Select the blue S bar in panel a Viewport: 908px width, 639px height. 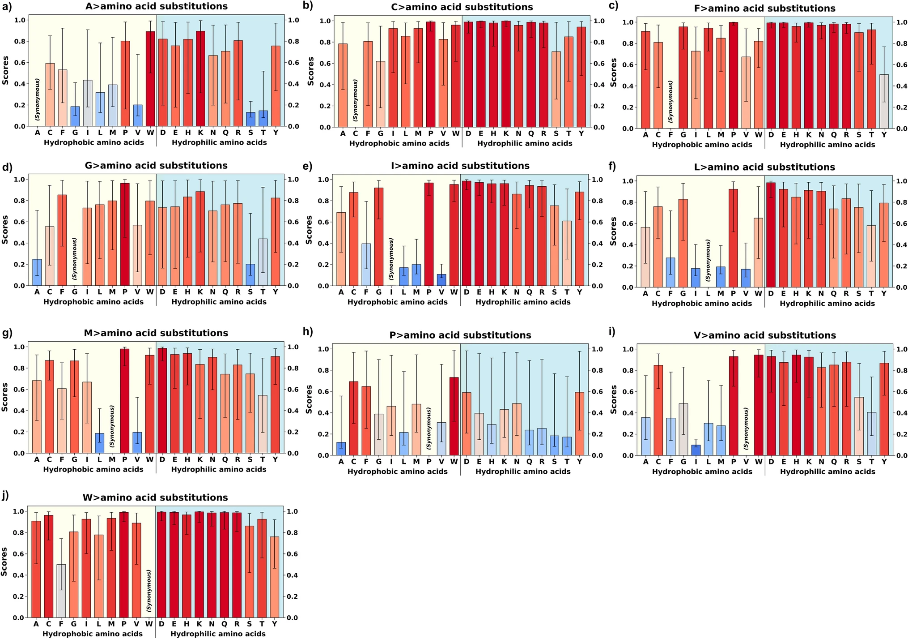[250, 119]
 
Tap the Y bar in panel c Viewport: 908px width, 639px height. [884, 102]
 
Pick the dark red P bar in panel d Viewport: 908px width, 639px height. [125, 234]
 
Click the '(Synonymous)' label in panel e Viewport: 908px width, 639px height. [391, 259]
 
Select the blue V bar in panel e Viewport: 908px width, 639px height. [441, 280]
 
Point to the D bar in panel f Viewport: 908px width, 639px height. [771, 235]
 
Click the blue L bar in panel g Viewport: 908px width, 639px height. [99, 443]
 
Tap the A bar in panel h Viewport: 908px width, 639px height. [341, 449]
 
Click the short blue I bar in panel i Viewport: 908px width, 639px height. [696, 450]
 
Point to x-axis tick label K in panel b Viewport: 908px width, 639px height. [506, 133]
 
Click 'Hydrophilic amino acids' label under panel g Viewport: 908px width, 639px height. [219, 469]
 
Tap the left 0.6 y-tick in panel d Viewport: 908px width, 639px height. [19, 222]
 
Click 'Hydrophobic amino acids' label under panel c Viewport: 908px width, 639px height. [702, 145]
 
